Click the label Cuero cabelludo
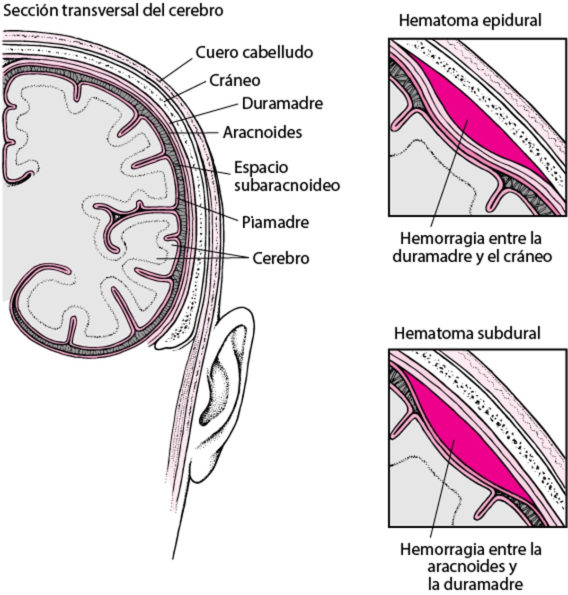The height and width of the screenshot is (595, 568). point(254,52)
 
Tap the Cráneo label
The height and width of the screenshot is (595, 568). point(235,80)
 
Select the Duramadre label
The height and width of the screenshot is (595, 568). point(282,104)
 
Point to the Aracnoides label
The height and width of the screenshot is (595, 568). point(262,132)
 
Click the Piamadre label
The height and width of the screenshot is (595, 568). point(275,222)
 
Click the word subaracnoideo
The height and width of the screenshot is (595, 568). point(287,185)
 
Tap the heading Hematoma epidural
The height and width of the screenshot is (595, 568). point(470,21)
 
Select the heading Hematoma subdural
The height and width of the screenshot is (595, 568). point(467,333)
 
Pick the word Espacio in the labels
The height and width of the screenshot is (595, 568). point(261,168)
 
